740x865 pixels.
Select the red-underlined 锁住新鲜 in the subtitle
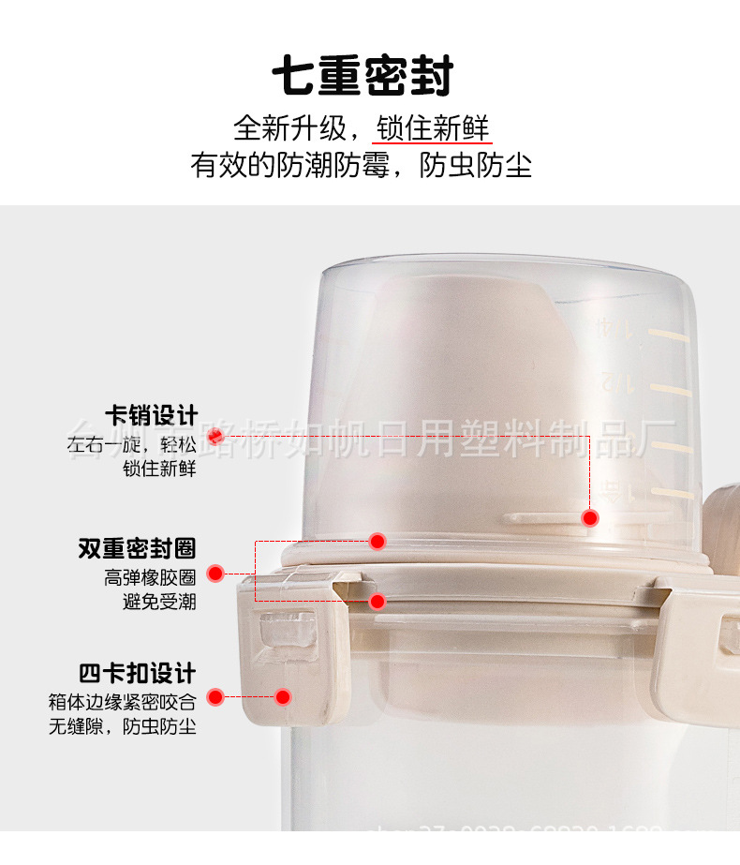pos(433,128)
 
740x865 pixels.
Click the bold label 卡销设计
pos(150,414)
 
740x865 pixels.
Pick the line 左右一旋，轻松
pos(131,444)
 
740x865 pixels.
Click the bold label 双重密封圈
pos(137,548)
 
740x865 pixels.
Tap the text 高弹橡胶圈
pos(150,578)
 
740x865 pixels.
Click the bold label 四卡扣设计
pos(137,673)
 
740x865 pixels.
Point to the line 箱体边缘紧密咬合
pos(122,701)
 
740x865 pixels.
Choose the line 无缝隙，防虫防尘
pos(122,725)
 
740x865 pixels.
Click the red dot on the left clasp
pos(282,696)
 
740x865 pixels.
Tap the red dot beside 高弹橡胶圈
pos(215,574)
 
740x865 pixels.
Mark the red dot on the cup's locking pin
pos(590,517)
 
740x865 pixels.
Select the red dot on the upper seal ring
pos(377,541)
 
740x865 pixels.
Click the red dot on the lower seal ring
pos(377,601)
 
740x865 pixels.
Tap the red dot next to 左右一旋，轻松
pos(216,436)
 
